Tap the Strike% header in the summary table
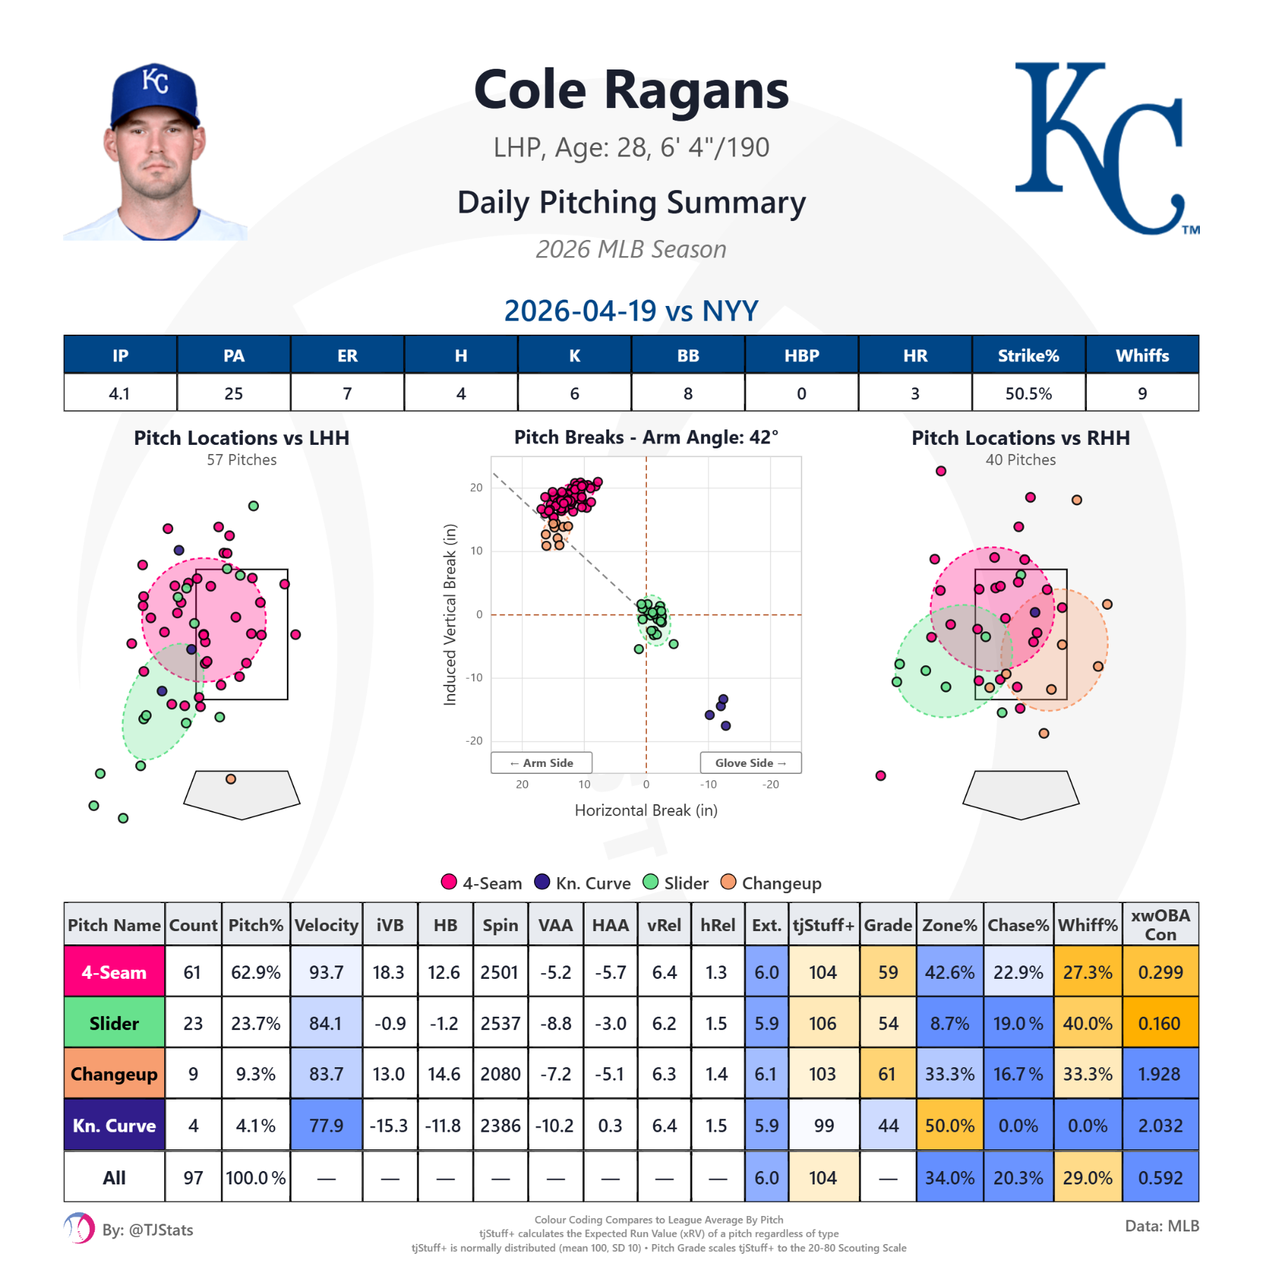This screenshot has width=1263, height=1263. point(1028,356)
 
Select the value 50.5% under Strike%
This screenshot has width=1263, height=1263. point(1028,394)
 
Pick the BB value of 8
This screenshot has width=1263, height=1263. point(688,394)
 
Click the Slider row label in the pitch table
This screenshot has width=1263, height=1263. point(114,1023)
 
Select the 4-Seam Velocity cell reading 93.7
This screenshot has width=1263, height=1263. point(326,973)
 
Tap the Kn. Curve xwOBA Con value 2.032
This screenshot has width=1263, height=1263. point(1160,1125)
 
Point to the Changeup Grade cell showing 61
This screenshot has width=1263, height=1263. point(887,1074)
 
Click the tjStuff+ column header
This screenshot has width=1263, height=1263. point(824,925)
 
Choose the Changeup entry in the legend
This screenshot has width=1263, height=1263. point(771,883)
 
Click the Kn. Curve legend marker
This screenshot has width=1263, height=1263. point(542,882)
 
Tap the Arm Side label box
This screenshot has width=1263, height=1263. point(541,763)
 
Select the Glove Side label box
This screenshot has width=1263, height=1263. point(750,763)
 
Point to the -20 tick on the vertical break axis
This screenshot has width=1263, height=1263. point(474,741)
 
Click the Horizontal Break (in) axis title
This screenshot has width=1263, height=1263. point(646,810)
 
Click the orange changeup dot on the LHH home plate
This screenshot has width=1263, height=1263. point(231,779)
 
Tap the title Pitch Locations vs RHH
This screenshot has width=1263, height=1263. point(1020,438)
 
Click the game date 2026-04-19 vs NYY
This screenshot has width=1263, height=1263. point(631,311)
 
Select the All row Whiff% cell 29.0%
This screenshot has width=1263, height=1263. point(1087,1177)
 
